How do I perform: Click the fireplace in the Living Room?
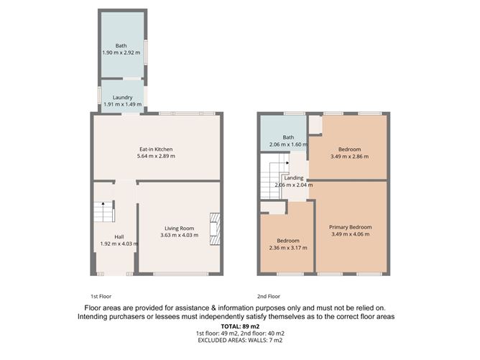214,228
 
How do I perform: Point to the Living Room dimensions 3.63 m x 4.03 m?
177,236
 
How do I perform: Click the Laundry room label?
121,98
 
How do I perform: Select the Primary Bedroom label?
351,227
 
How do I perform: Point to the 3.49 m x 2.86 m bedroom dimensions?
349,156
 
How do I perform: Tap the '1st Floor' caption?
101,295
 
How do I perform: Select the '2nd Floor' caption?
268,295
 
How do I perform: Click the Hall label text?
119,236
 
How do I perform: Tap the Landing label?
294,177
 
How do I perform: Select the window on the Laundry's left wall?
99,96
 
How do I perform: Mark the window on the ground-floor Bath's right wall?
147,52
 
